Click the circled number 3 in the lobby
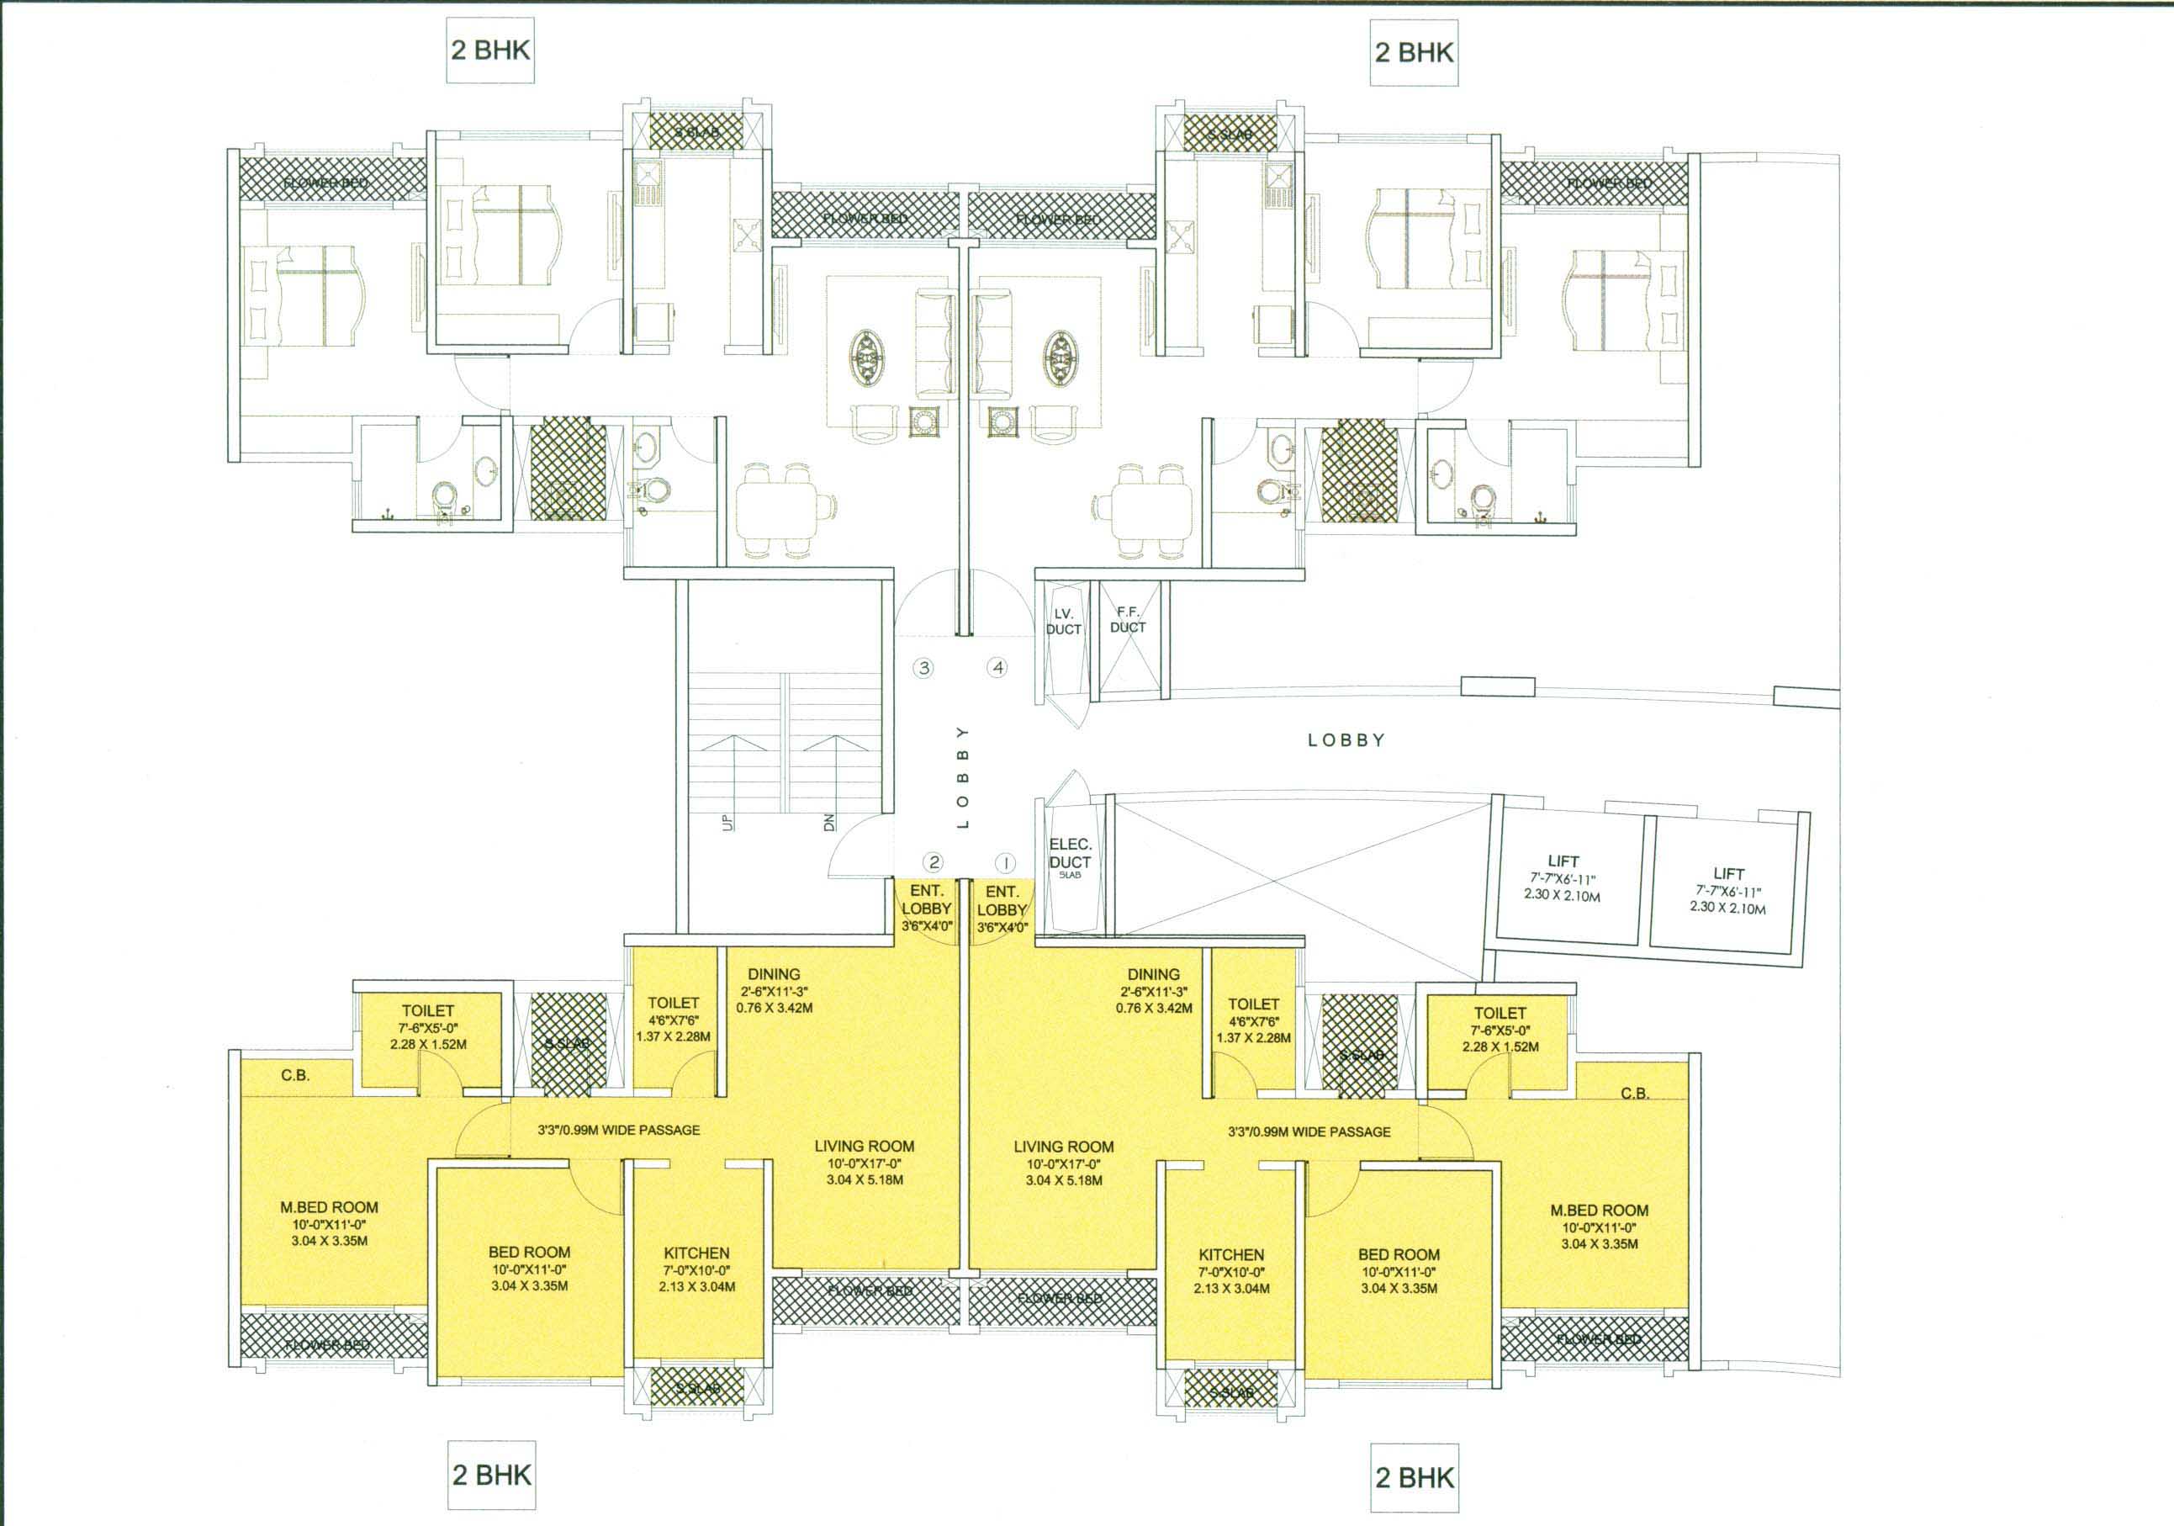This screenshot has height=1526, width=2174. click(x=923, y=668)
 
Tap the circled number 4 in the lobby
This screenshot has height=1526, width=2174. click(x=997, y=668)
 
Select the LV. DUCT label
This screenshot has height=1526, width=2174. click(x=1063, y=622)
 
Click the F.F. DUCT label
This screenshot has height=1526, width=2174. click(x=1128, y=619)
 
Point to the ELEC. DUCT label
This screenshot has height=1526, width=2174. click(x=1070, y=852)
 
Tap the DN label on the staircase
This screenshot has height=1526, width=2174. click(x=829, y=822)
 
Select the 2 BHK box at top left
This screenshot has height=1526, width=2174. click(x=490, y=50)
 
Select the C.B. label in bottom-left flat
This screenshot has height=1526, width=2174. click(x=295, y=1076)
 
